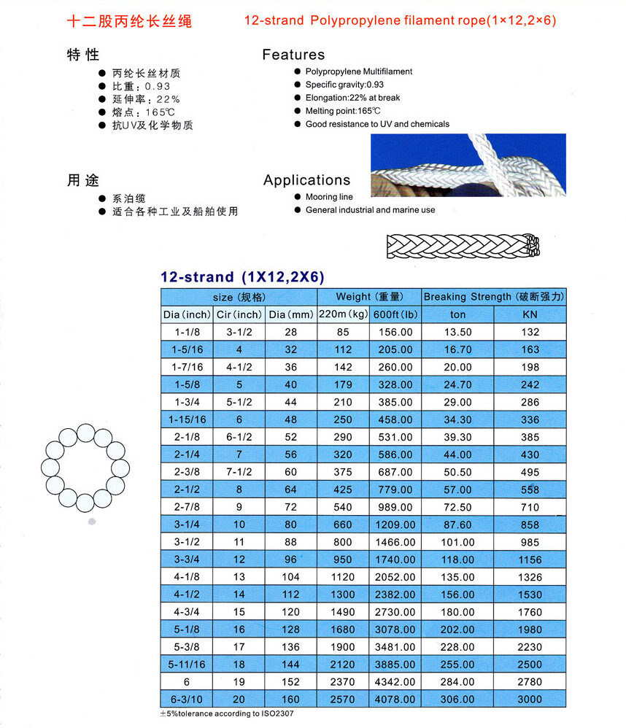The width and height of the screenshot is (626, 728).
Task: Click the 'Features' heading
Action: click(x=293, y=55)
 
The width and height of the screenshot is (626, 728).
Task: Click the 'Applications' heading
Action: click(x=306, y=180)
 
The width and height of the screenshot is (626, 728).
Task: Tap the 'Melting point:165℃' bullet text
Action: click(x=343, y=111)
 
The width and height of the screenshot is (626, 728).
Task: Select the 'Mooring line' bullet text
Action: click(x=329, y=197)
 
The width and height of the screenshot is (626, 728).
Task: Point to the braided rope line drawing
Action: click(x=463, y=246)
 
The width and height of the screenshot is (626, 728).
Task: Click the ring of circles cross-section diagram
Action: click(x=85, y=468)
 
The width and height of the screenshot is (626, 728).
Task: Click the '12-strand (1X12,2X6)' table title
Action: click(x=242, y=277)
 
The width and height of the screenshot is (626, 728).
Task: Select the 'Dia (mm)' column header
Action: click(x=290, y=315)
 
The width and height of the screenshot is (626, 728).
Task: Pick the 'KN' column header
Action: click(x=530, y=315)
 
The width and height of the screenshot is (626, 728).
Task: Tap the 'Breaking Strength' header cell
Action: click(x=494, y=297)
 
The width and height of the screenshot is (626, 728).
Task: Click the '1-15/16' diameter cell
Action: click(x=188, y=420)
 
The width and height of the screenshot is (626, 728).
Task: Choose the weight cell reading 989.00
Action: click(x=394, y=508)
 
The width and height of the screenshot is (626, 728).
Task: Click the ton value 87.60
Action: click(x=457, y=525)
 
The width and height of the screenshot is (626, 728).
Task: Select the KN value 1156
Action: click(x=530, y=560)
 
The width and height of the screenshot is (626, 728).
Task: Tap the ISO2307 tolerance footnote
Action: click(x=227, y=713)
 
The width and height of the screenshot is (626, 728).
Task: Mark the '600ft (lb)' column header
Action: click(x=394, y=315)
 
